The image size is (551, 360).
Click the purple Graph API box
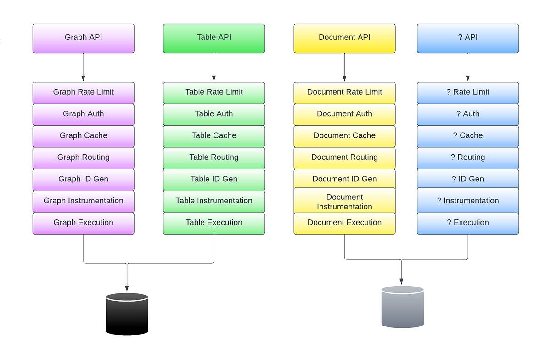coord(83,38)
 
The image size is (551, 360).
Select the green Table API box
coord(214,38)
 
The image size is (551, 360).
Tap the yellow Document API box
coord(344,38)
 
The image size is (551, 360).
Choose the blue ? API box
coord(468,38)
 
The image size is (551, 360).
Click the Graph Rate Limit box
coord(83,92)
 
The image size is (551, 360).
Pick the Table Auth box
coord(214,114)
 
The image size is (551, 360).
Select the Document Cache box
coord(344,136)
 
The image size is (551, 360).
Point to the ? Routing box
coord(468,157)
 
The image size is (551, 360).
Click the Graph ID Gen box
coord(83,179)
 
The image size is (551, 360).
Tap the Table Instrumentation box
coord(214,201)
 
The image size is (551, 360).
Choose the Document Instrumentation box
coord(344,202)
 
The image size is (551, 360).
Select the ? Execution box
coord(468,223)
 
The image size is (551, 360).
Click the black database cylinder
coord(127,314)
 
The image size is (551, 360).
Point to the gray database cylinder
coord(402,307)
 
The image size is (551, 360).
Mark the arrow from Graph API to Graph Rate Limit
coord(83,67)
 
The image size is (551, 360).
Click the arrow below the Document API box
coord(344,67)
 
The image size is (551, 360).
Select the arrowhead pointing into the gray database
coord(402,281)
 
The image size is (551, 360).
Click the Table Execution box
coord(214,223)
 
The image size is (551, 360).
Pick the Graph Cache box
coord(83,136)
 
